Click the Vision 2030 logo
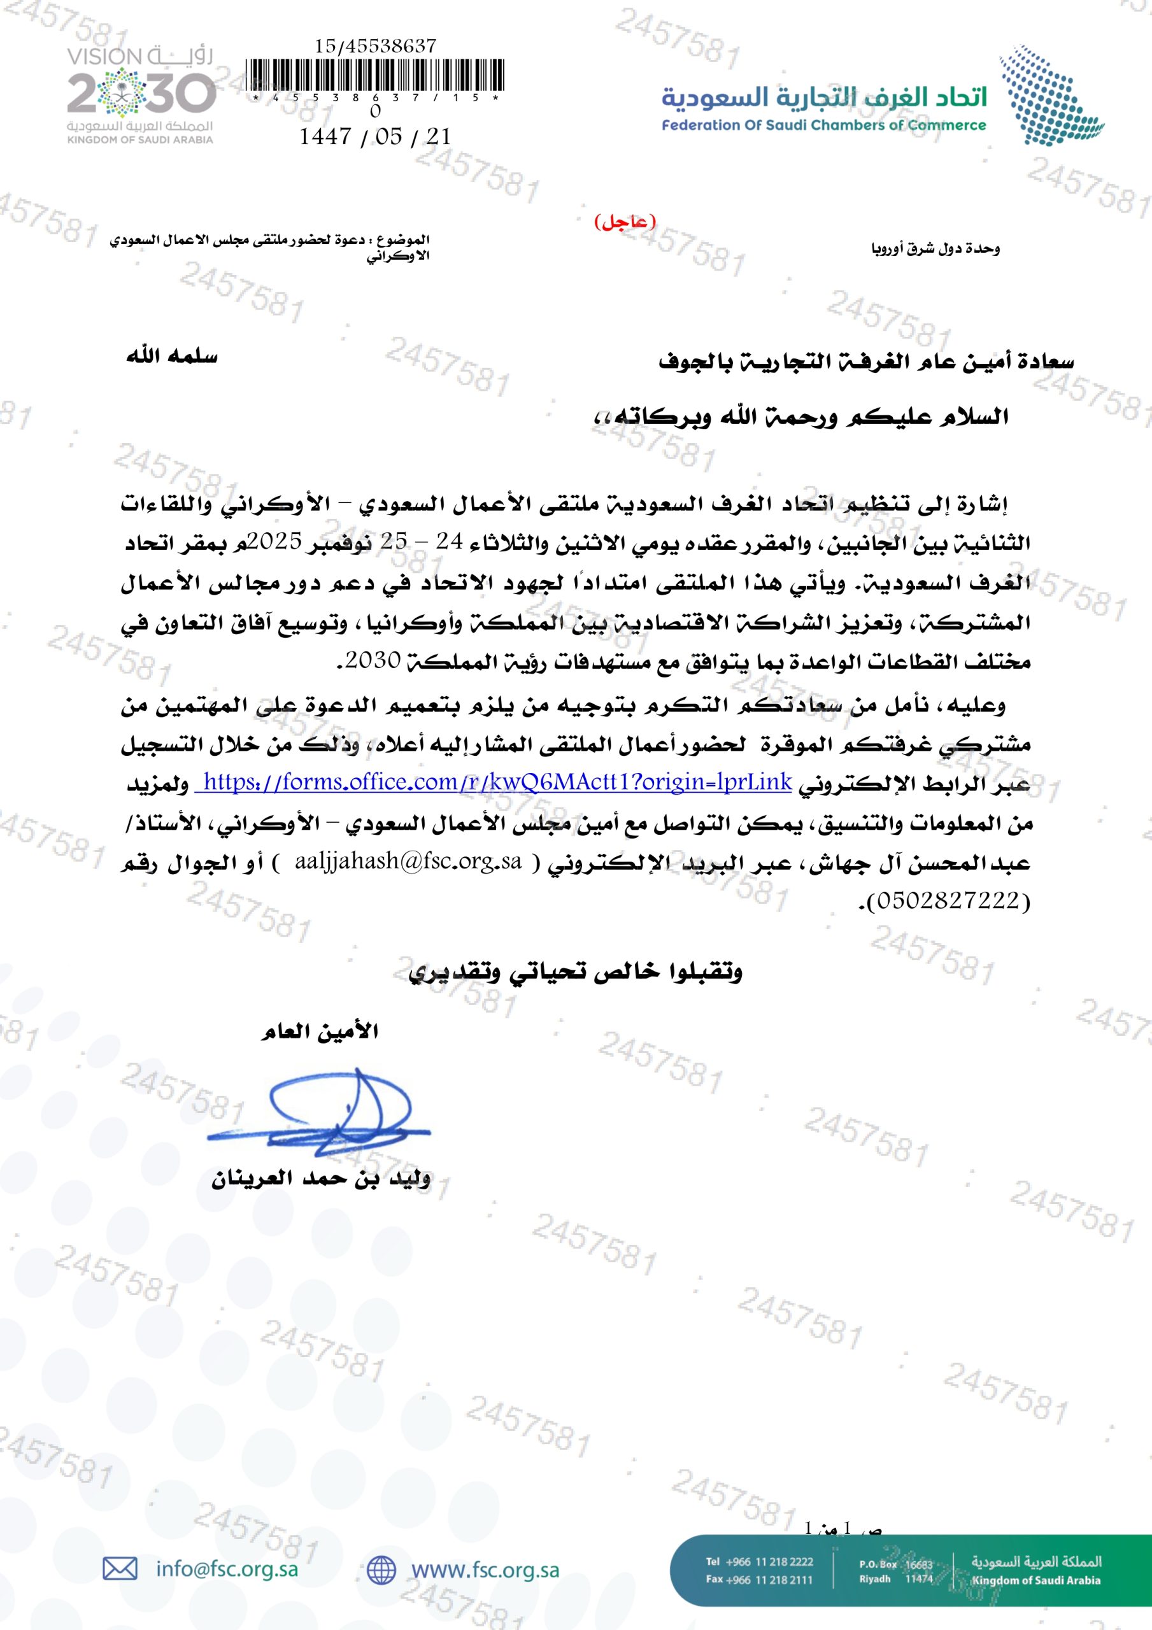coord(141,95)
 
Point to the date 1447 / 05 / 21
coord(375,136)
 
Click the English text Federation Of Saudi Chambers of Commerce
coord(824,125)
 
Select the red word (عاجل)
coord(624,222)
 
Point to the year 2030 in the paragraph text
coord(374,660)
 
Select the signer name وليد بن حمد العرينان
coord(320,1180)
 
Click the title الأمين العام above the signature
coord(320,1031)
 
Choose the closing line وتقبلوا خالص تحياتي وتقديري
coord(575,971)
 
